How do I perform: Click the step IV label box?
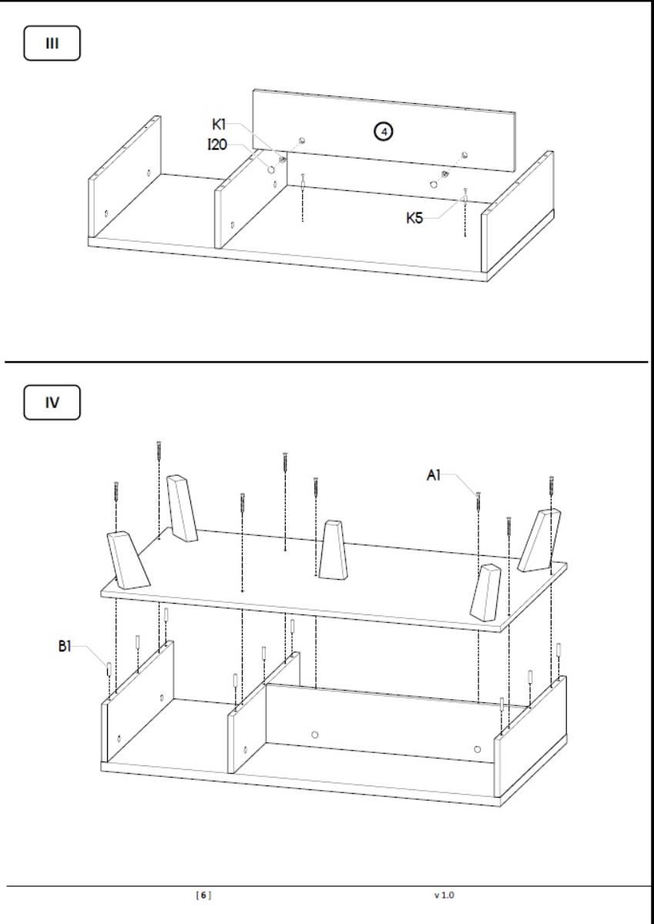52,402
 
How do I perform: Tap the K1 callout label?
220,122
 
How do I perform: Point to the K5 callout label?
415,218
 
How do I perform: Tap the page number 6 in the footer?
203,895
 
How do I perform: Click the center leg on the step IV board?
334,550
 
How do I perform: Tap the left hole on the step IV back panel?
314,734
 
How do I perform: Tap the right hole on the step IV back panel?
478,748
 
